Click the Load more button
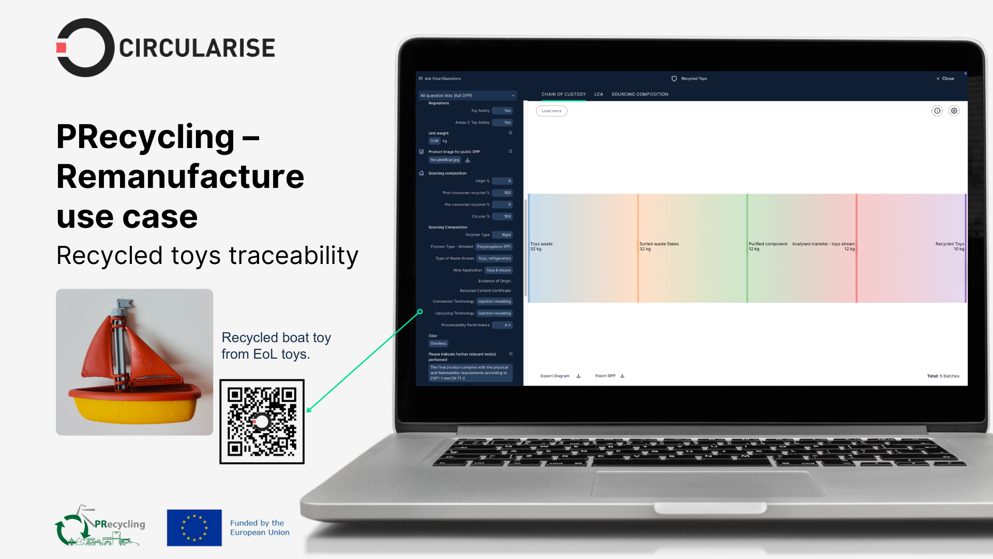551,111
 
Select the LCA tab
598,94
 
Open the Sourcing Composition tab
640,94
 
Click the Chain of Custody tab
563,94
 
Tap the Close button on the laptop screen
945,79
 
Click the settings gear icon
954,111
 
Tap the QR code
262,422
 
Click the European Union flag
194,528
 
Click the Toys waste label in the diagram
541,244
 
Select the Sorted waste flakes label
659,244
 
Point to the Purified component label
768,244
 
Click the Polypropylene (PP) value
494,247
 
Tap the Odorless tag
438,344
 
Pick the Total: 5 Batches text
943,376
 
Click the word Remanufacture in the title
180,176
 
